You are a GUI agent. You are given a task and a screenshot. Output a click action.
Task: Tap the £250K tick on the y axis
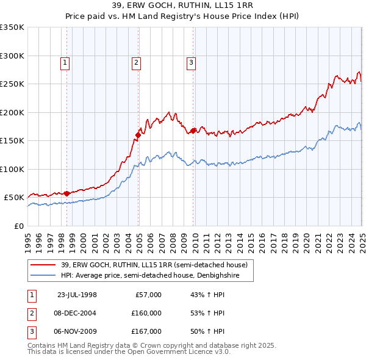pyautogui.click(x=12, y=84)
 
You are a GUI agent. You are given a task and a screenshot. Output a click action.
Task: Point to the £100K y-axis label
pyautogui.click(x=12, y=169)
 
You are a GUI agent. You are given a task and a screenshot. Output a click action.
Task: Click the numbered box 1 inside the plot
pyautogui.click(x=65, y=62)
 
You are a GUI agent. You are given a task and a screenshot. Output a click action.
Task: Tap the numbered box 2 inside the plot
pyautogui.click(x=136, y=62)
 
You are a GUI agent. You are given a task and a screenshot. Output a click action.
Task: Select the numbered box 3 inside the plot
pyautogui.click(x=191, y=62)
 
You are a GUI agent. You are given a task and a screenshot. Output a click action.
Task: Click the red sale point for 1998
pyautogui.click(x=66, y=193)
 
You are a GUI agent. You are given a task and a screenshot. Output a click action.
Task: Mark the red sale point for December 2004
pyautogui.click(x=138, y=135)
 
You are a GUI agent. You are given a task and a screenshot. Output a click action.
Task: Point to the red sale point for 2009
pyautogui.click(x=193, y=131)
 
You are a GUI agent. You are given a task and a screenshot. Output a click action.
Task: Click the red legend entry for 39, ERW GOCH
pyautogui.click(x=154, y=265)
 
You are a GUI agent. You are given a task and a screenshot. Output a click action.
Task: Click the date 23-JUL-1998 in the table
pyautogui.click(x=77, y=295)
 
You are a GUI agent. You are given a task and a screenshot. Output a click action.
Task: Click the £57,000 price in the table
pyautogui.click(x=147, y=295)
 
